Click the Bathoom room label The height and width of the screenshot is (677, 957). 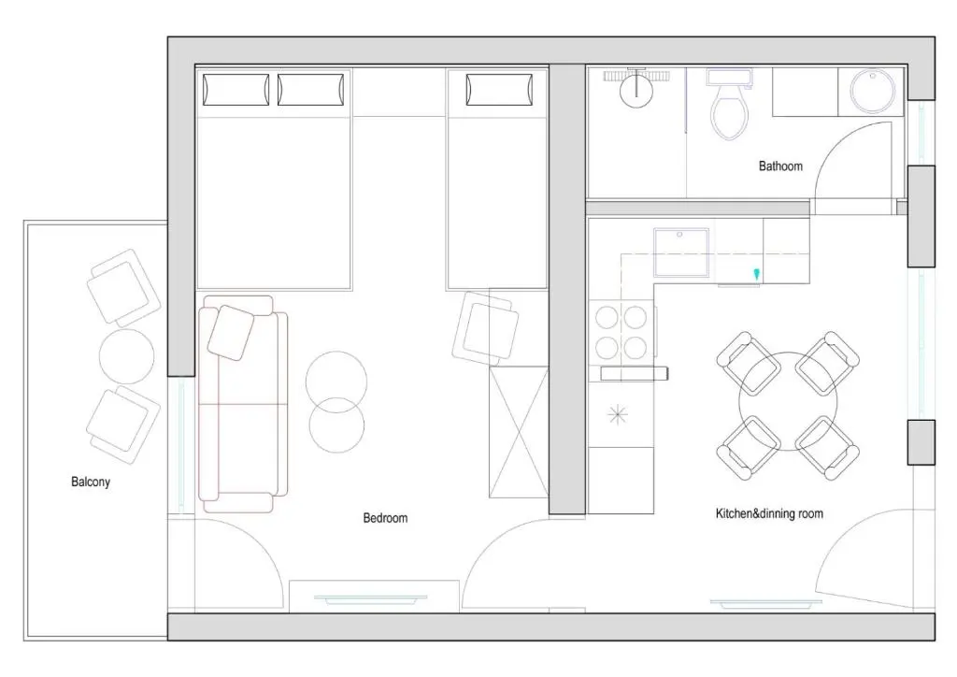point(780,166)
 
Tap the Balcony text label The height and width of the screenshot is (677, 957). point(91,482)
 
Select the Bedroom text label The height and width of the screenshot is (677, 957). point(385,518)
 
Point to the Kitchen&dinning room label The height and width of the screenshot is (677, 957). point(769,513)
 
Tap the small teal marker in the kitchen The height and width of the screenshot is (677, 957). point(757,274)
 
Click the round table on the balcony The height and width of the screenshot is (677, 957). point(126,356)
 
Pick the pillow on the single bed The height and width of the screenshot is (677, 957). point(499,90)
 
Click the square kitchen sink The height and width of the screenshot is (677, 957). point(681,252)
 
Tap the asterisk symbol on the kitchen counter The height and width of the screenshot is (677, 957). point(618,415)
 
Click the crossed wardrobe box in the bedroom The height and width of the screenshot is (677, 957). point(518,432)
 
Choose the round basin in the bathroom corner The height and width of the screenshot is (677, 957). point(872,92)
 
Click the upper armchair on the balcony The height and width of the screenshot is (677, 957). point(123,287)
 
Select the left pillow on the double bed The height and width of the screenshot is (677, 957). point(236,90)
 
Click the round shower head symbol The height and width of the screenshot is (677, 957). point(636,91)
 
